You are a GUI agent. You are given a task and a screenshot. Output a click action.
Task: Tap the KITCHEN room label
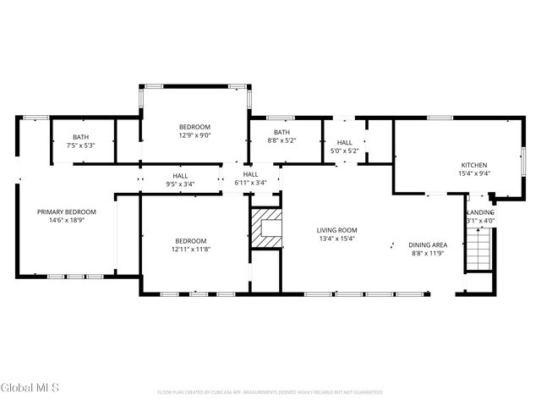pyautogui.click(x=473, y=165)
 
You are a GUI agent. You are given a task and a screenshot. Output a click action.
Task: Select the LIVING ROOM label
pyautogui.click(x=336, y=230)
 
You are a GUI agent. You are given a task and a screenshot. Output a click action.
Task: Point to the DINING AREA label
pyautogui.click(x=428, y=244)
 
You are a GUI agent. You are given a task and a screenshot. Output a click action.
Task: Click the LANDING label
pyautogui.click(x=480, y=212)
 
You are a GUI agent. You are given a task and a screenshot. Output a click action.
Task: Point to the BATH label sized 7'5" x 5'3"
pyautogui.click(x=80, y=137)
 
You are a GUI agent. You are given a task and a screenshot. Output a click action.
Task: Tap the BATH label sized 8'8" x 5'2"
pyautogui.click(x=281, y=132)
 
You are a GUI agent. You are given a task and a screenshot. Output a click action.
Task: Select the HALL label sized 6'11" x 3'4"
pyautogui.click(x=250, y=174)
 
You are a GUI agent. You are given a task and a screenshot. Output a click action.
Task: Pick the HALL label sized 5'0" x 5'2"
pyautogui.click(x=344, y=143)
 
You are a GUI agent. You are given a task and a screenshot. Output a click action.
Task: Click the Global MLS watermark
pyautogui.click(x=30, y=388)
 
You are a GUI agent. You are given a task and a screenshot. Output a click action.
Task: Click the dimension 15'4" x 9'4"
pyautogui.click(x=473, y=173)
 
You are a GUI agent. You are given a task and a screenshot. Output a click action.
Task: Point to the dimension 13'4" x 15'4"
pyautogui.click(x=336, y=239)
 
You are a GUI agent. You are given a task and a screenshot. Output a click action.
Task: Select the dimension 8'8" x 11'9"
pyautogui.click(x=428, y=253)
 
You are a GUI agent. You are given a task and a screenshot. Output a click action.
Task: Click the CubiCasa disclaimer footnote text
pyautogui.click(x=270, y=392)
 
